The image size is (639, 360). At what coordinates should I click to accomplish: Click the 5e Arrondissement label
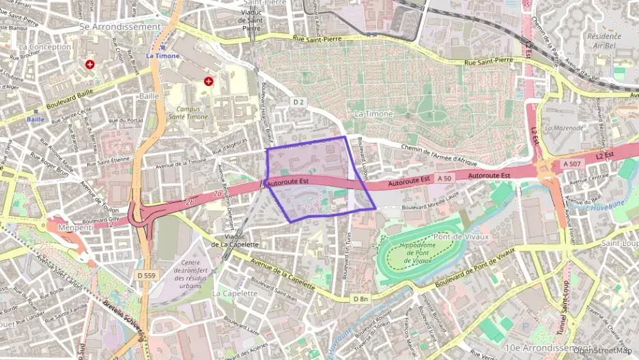pos(119,27)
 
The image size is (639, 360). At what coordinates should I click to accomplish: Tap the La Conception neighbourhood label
pos(45,47)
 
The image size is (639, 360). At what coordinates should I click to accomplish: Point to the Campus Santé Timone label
pos(182,113)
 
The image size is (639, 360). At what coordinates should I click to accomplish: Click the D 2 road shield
pos(298,102)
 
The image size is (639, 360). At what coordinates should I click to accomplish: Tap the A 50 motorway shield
pos(445,178)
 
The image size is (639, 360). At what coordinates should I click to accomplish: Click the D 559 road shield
pos(145,275)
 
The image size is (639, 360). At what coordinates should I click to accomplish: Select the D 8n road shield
pos(360,299)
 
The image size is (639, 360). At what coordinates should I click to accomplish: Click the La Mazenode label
pos(564,128)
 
